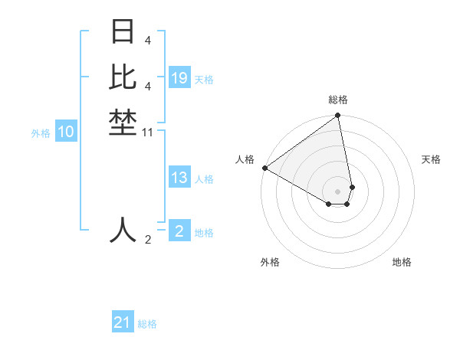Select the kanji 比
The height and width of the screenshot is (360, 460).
click(123, 77)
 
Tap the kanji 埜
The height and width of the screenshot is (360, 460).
click(123, 123)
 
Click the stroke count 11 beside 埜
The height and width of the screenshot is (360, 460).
click(147, 133)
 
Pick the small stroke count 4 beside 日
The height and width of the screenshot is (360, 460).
click(147, 39)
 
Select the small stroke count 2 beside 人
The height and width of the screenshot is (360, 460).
click(147, 240)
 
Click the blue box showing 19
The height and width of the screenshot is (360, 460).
click(179, 78)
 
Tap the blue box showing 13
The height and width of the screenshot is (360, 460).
click(179, 178)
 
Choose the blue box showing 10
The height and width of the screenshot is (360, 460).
click(66, 133)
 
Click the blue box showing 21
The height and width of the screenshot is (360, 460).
click(123, 323)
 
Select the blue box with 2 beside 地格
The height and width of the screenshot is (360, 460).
click(179, 231)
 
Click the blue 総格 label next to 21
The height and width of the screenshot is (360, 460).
click(147, 324)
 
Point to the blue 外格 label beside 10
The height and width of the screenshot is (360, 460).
click(41, 133)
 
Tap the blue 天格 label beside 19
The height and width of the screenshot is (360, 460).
click(204, 80)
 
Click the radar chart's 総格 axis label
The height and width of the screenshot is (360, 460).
click(338, 100)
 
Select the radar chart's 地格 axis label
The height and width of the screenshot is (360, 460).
click(402, 262)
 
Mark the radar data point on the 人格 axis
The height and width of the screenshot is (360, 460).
click(264, 168)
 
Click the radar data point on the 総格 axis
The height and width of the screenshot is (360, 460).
click(338, 116)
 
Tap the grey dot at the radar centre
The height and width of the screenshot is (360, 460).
click(338, 191)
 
